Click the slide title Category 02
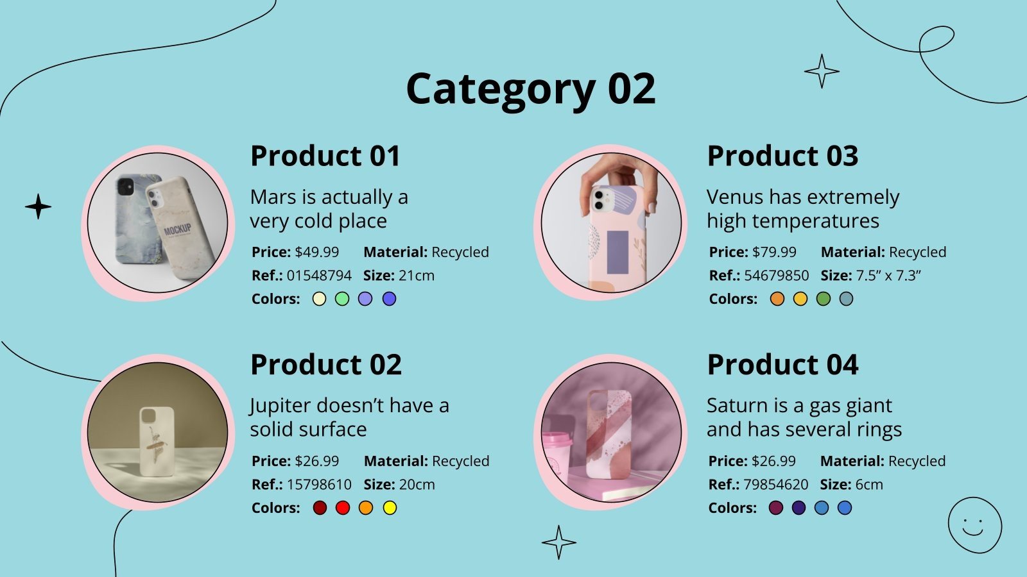coord(531,88)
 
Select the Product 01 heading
coord(325,156)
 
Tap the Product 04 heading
coord(782,365)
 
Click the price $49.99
coord(316,252)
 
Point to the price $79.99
coord(774,252)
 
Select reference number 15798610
coord(319,484)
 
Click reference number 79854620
coord(776,484)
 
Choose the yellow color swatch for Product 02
coord(390,508)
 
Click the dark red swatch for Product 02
coord(320,508)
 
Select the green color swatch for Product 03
coord(824,299)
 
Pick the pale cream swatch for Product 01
coord(319,299)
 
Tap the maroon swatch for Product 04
coord(776,508)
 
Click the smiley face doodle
coord(974,525)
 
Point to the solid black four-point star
coord(39,206)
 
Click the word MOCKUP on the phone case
coord(178,229)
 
